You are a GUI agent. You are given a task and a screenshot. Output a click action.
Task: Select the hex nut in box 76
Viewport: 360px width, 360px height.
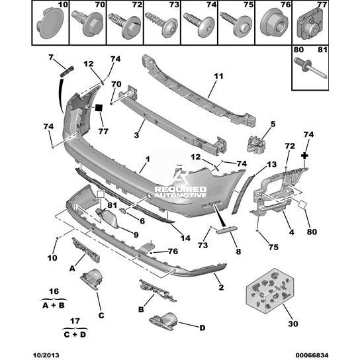(274, 24)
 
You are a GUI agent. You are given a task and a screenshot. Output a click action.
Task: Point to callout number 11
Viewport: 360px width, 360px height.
(218, 76)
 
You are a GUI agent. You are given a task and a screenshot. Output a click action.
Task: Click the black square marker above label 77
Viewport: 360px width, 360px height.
(99, 108)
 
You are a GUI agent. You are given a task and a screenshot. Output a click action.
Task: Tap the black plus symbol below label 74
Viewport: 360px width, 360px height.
(304, 156)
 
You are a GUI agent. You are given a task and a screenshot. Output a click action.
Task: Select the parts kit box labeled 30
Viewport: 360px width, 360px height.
(270, 291)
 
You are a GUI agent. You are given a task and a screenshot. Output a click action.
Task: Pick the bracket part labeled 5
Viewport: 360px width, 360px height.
(256, 144)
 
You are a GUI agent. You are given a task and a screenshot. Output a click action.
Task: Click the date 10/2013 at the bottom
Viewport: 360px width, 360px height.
(46, 355)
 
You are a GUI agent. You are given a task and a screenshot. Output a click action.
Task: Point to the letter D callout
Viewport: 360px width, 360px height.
(202, 328)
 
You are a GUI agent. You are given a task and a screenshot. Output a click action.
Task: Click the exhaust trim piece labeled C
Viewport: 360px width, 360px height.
(92, 279)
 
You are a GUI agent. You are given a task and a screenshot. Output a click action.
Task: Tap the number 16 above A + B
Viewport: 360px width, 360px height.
(54, 291)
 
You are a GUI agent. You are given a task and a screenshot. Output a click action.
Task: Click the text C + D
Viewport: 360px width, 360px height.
(75, 334)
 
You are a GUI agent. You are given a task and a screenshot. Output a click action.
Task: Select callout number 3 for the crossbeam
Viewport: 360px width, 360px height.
(136, 135)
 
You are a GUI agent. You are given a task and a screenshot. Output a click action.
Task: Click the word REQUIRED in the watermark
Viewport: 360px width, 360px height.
(181, 189)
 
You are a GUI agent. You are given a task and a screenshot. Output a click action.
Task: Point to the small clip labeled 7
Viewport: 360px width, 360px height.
(67, 71)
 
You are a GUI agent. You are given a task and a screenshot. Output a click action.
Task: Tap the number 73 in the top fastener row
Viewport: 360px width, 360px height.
(174, 5)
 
